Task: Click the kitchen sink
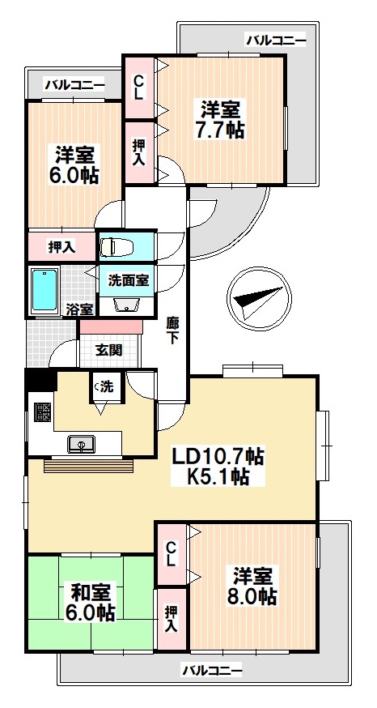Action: coord(83,443)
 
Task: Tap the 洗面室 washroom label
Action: coord(128,279)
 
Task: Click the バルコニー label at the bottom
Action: coord(212,670)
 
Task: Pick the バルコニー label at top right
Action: coord(276,38)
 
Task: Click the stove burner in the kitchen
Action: coord(41,409)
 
